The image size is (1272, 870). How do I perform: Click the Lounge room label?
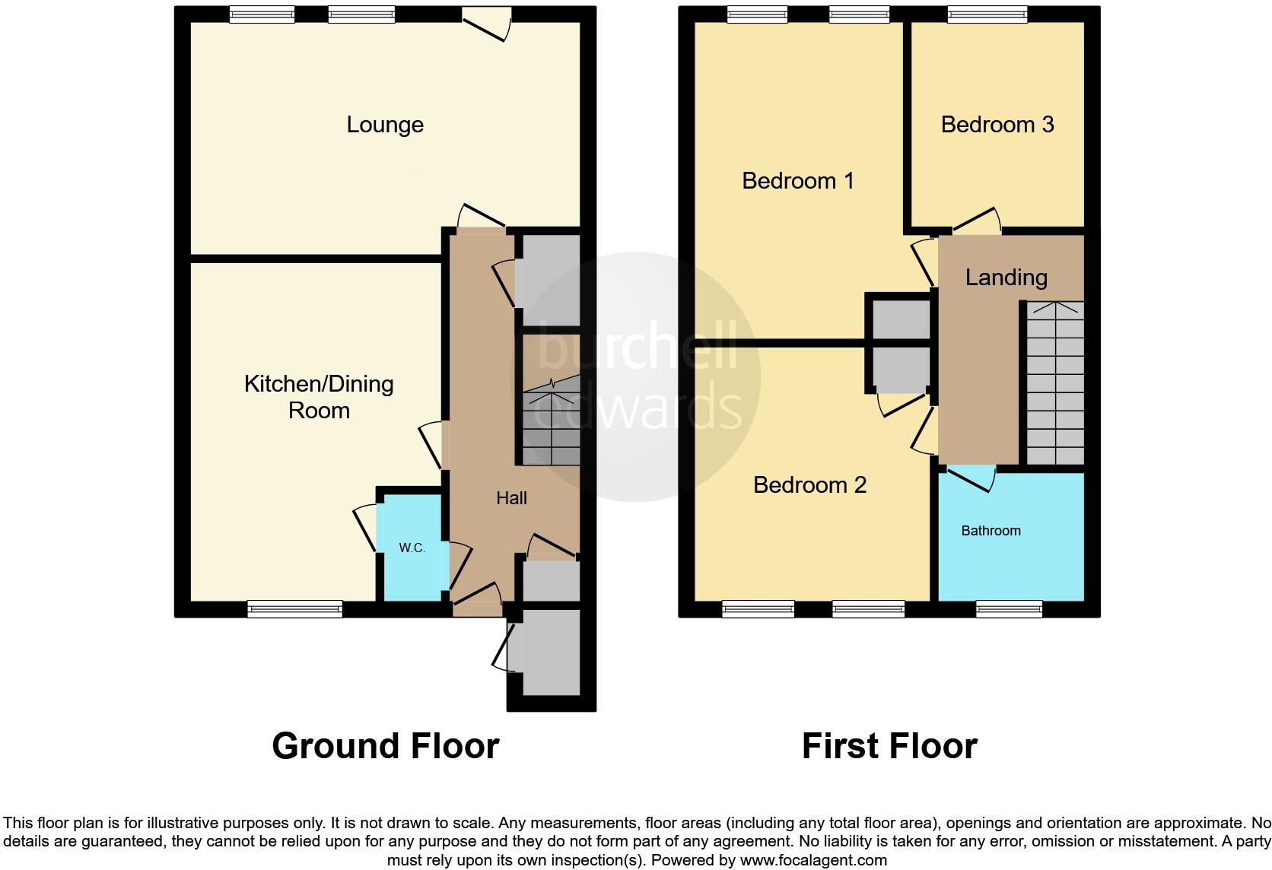click(x=385, y=125)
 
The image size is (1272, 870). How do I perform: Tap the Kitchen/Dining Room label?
click(x=319, y=397)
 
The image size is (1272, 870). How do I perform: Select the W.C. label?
click(x=412, y=548)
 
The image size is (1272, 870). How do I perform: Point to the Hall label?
click(x=511, y=498)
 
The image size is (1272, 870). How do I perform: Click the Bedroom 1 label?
click(x=797, y=181)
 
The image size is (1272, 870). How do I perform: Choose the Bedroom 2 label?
click(x=809, y=485)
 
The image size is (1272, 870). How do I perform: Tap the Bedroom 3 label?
click(x=997, y=125)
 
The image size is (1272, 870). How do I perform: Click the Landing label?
click(x=1006, y=278)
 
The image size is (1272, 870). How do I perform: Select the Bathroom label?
click(x=991, y=531)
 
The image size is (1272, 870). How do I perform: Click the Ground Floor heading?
click(x=385, y=746)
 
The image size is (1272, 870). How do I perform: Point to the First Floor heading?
click(x=889, y=746)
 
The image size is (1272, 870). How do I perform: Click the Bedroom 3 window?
click(x=987, y=14)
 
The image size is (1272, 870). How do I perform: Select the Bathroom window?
click(x=1009, y=608)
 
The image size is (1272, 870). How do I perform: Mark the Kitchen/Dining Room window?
click(x=294, y=608)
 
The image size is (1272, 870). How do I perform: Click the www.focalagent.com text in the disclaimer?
click(x=812, y=861)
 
